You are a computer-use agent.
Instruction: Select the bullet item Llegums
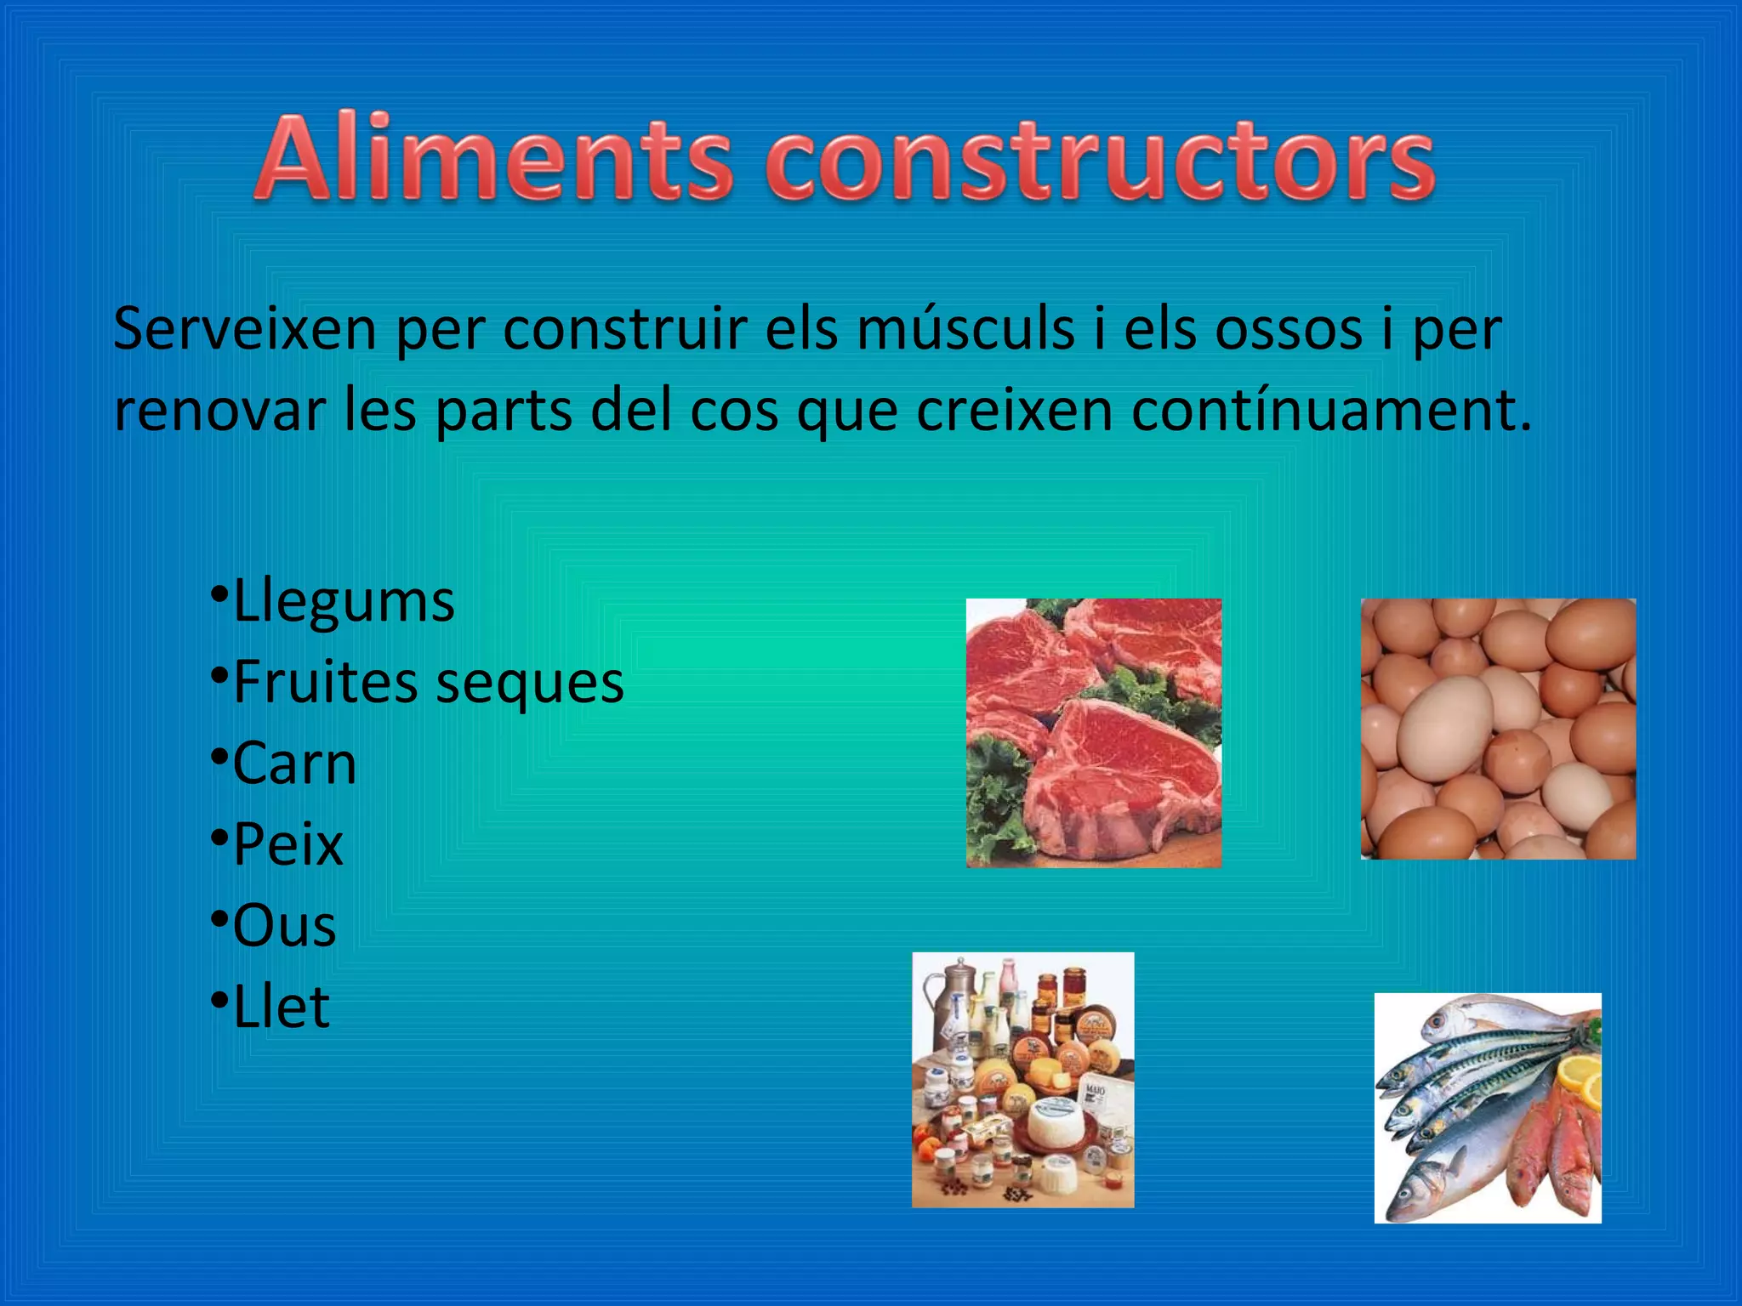click(x=344, y=602)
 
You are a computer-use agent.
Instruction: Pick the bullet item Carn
click(x=294, y=764)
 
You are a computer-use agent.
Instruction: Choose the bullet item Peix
click(x=287, y=844)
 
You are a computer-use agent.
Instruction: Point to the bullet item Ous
click(x=284, y=925)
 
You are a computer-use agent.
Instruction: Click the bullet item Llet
click(x=281, y=1007)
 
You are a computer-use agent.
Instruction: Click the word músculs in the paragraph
click(x=965, y=330)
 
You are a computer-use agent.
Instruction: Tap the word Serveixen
click(x=245, y=330)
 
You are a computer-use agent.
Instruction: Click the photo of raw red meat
click(x=1094, y=733)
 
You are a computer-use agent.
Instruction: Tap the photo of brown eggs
click(x=1498, y=729)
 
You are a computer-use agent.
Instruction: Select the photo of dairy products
click(x=1022, y=1080)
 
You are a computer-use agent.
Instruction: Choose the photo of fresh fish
click(x=1488, y=1108)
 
